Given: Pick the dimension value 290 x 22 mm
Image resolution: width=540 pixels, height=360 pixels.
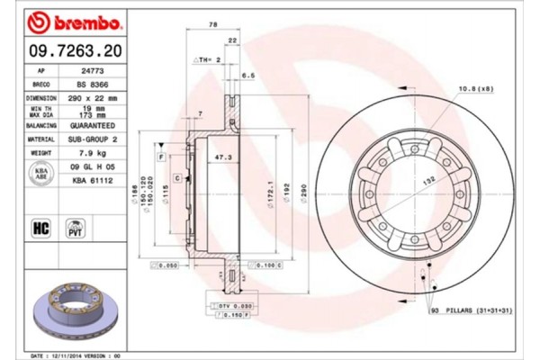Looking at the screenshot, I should (x=95, y=97).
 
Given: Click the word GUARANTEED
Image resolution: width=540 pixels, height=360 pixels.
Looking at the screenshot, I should (x=95, y=125).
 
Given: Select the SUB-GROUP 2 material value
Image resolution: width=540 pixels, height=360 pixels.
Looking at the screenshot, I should (x=95, y=139).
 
